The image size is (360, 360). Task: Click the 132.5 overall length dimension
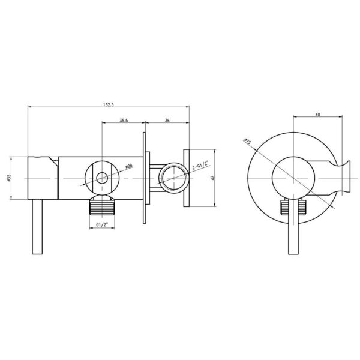(109, 104)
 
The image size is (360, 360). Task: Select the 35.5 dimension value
(124, 121)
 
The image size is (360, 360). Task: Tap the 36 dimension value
(167, 121)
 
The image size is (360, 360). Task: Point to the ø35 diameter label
(9, 178)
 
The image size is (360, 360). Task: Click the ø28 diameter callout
(129, 166)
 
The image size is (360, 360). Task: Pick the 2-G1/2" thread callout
(200, 166)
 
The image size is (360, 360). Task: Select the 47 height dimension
(212, 178)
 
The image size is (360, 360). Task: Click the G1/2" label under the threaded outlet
(102, 225)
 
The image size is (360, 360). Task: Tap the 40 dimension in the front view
(318, 114)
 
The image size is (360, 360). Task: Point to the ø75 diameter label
(247, 141)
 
